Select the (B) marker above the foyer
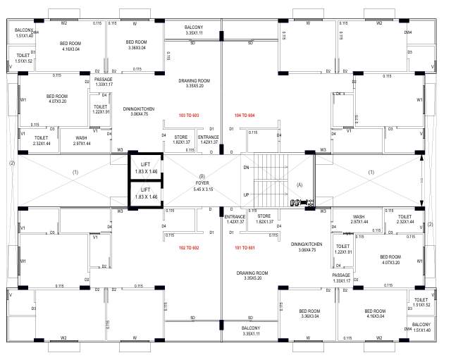pos(202,176)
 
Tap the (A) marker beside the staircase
pos(299,185)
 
